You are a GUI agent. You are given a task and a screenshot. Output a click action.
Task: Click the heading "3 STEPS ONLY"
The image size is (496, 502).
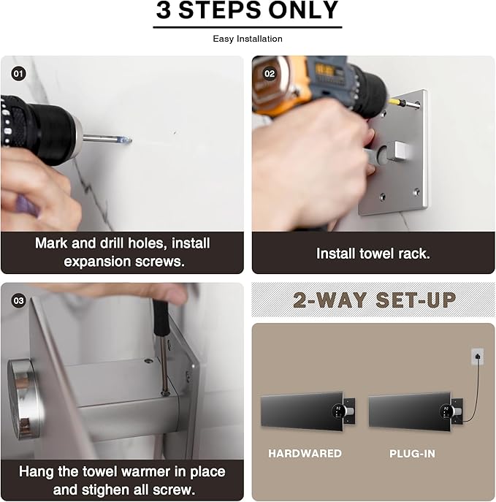click(248, 12)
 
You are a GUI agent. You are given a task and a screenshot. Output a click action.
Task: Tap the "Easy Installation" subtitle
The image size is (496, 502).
click(248, 39)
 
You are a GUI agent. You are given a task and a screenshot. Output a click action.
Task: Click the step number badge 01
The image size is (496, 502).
click(18, 74)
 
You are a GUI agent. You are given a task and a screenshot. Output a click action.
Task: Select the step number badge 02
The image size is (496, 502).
click(270, 74)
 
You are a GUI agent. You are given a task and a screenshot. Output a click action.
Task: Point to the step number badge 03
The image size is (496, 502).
click(18, 300)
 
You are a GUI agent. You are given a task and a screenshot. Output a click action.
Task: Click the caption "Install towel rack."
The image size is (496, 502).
click(373, 254)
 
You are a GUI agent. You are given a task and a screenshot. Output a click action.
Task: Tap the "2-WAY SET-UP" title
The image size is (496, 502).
click(374, 300)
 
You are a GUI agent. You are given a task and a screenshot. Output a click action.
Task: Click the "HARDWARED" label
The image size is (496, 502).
click(305, 454)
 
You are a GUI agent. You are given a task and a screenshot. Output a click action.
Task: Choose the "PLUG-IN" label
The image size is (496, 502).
click(412, 454)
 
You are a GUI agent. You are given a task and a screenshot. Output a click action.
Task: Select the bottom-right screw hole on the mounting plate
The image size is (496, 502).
click(416, 193)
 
